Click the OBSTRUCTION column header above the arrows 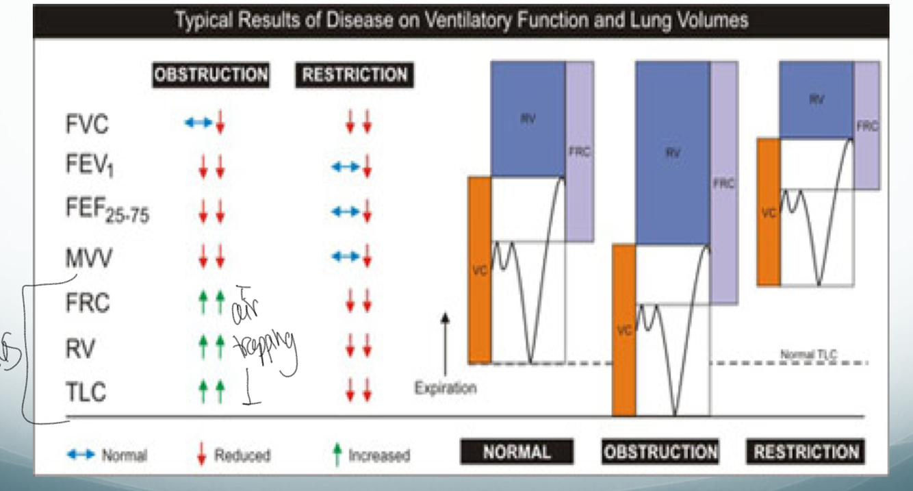(211, 75)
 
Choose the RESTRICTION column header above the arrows (355, 75)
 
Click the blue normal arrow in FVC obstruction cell (198, 124)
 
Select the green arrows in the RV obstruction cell (211, 349)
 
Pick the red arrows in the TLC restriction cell (358, 392)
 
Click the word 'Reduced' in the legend (242, 455)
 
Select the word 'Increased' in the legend (379, 455)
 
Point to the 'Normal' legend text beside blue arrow (124, 455)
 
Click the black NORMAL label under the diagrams (516, 453)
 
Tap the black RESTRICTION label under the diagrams (806, 453)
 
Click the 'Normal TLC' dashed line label (809, 355)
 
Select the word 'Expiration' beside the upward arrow (445, 388)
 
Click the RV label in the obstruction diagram (673, 154)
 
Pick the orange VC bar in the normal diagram (479, 270)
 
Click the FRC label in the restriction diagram (866, 127)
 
